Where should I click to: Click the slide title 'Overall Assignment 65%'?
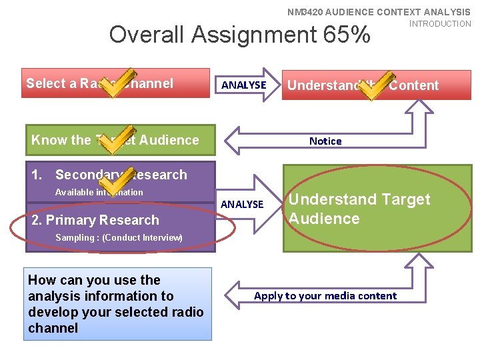click(239, 34)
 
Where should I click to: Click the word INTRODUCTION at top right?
click(440, 23)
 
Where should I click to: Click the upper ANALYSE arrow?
click(245, 85)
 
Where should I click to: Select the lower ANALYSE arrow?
click(243, 203)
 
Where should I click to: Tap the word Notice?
click(325, 141)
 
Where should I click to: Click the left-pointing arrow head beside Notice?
click(235, 141)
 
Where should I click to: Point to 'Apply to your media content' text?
click(325, 295)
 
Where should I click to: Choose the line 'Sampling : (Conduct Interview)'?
click(119, 237)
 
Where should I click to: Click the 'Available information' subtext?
click(99, 192)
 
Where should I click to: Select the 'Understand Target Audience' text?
click(359, 209)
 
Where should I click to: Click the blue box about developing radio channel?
click(117, 304)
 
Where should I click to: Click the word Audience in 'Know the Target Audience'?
click(171, 140)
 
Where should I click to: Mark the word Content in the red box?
click(414, 85)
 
